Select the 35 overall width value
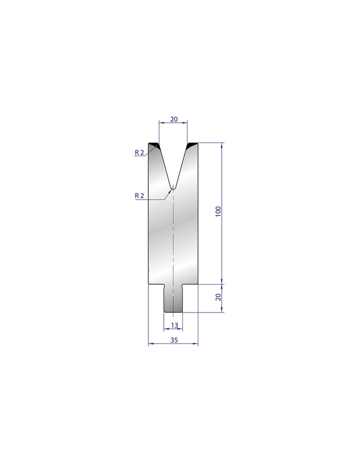174,339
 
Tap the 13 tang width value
174,325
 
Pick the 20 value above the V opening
173,119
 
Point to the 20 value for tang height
218,297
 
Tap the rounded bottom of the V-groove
173,187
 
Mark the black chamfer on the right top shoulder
193,145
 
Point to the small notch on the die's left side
149,272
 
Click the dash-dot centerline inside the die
173,236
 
